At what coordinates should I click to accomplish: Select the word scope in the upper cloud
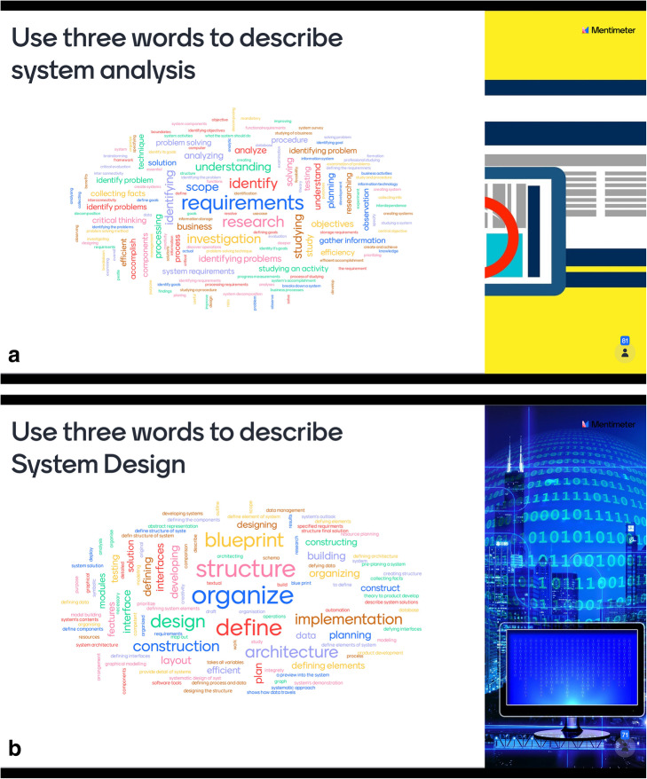coord(202,187)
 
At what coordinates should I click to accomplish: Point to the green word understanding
coord(233,166)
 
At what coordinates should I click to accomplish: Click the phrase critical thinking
coord(118,219)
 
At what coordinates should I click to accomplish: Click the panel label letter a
coord(13,356)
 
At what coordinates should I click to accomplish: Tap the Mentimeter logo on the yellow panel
coord(606,29)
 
